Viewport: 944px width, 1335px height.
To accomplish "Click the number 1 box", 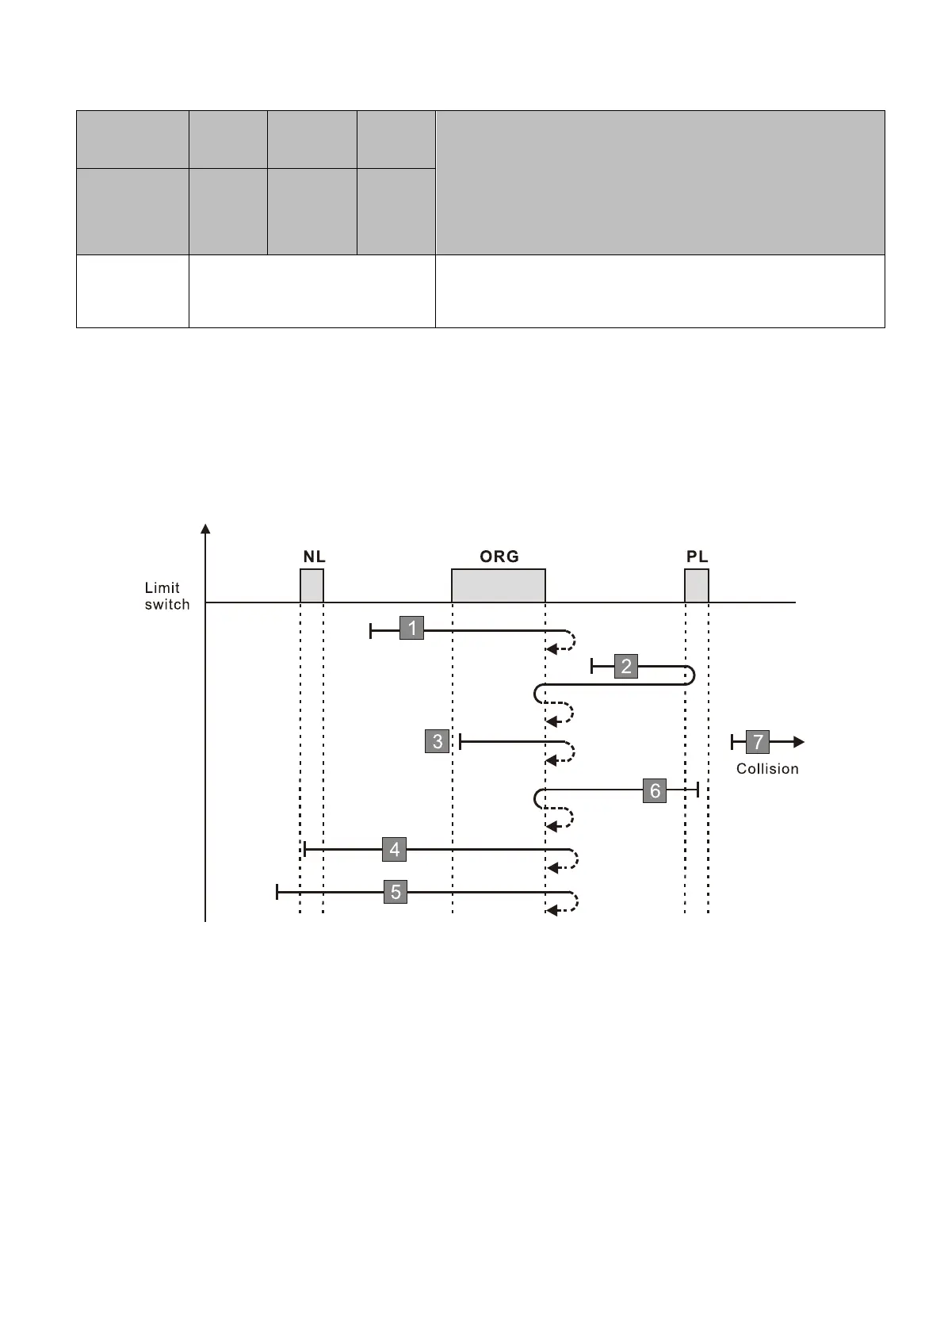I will (x=411, y=628).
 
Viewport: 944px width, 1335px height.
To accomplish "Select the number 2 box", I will (x=626, y=666).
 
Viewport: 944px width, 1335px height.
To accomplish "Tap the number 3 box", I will (x=438, y=741).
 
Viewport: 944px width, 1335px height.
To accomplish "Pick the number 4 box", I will (x=395, y=849).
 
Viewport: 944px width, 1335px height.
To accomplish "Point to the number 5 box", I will (x=396, y=892).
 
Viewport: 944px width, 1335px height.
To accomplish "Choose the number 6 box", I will (x=655, y=790).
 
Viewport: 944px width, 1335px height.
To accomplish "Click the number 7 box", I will (x=758, y=742).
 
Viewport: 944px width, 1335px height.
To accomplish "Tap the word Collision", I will (x=767, y=769).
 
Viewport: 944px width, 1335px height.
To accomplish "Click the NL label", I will (x=314, y=557).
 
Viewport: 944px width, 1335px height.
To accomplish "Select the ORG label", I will (x=499, y=557).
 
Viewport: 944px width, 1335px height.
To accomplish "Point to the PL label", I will (x=697, y=557).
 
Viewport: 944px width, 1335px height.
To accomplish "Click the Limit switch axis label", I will (x=166, y=596).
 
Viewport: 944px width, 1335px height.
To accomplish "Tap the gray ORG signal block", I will (x=499, y=586).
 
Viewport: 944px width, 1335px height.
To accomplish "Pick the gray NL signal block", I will (x=311, y=586).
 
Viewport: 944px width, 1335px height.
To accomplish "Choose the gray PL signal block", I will (x=697, y=586).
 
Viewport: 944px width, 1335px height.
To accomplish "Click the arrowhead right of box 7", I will (x=799, y=742).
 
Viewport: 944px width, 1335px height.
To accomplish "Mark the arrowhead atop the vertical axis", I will (x=206, y=530).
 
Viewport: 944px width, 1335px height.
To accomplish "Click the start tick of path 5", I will (x=277, y=892).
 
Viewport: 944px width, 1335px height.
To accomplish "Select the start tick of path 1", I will (x=371, y=631).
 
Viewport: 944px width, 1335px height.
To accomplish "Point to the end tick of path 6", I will (x=697, y=790).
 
